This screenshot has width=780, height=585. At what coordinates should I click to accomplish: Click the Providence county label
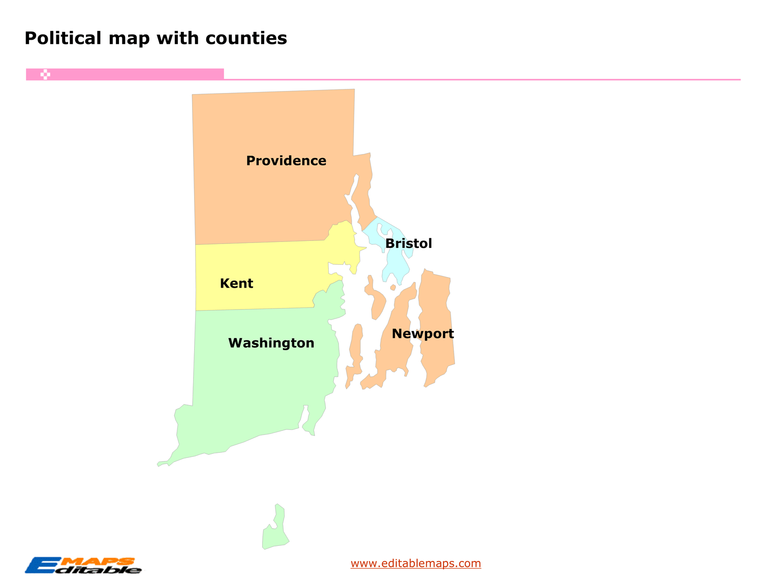(286, 161)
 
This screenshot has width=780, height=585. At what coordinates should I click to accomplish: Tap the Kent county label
(236, 283)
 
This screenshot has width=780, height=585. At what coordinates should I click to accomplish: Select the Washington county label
(271, 343)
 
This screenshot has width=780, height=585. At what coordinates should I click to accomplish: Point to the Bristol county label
(409, 243)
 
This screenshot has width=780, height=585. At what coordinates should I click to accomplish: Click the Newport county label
(422, 334)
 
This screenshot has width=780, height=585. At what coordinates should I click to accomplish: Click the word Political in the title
(63, 38)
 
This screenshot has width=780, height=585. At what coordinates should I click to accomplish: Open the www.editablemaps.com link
(416, 563)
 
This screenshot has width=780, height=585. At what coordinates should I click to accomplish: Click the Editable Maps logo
(83, 565)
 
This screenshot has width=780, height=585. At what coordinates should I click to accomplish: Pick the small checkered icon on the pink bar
(45, 75)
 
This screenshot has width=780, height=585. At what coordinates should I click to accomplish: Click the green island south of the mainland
(275, 531)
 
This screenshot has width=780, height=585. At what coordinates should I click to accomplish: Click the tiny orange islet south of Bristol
(393, 288)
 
